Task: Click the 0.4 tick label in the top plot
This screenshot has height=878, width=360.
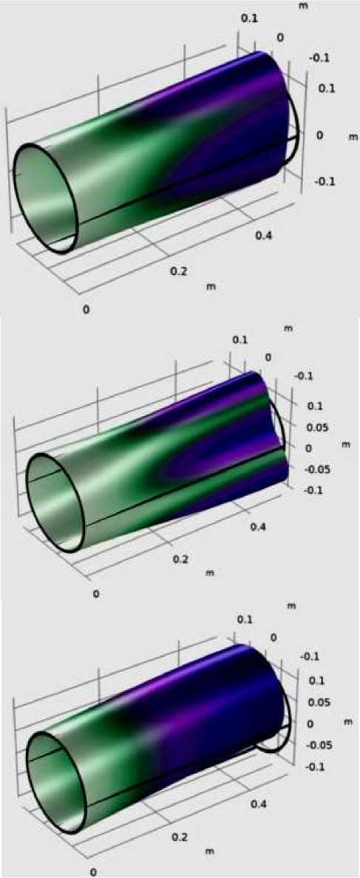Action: [x=265, y=236]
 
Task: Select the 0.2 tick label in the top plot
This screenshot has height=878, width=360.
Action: [x=180, y=271]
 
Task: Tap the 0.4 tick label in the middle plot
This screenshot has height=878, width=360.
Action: [x=262, y=525]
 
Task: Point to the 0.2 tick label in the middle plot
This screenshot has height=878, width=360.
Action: [x=182, y=559]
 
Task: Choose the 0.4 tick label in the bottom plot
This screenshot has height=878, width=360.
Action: [x=259, y=803]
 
